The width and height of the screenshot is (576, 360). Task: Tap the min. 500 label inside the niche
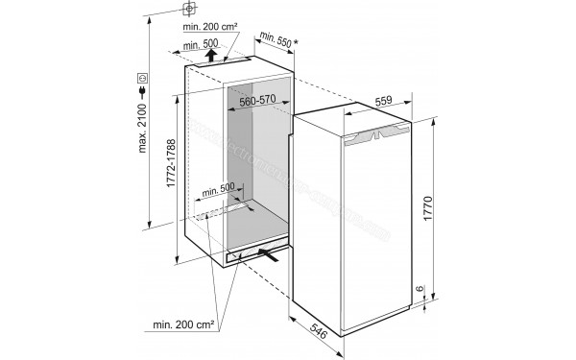click(x=220, y=190)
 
